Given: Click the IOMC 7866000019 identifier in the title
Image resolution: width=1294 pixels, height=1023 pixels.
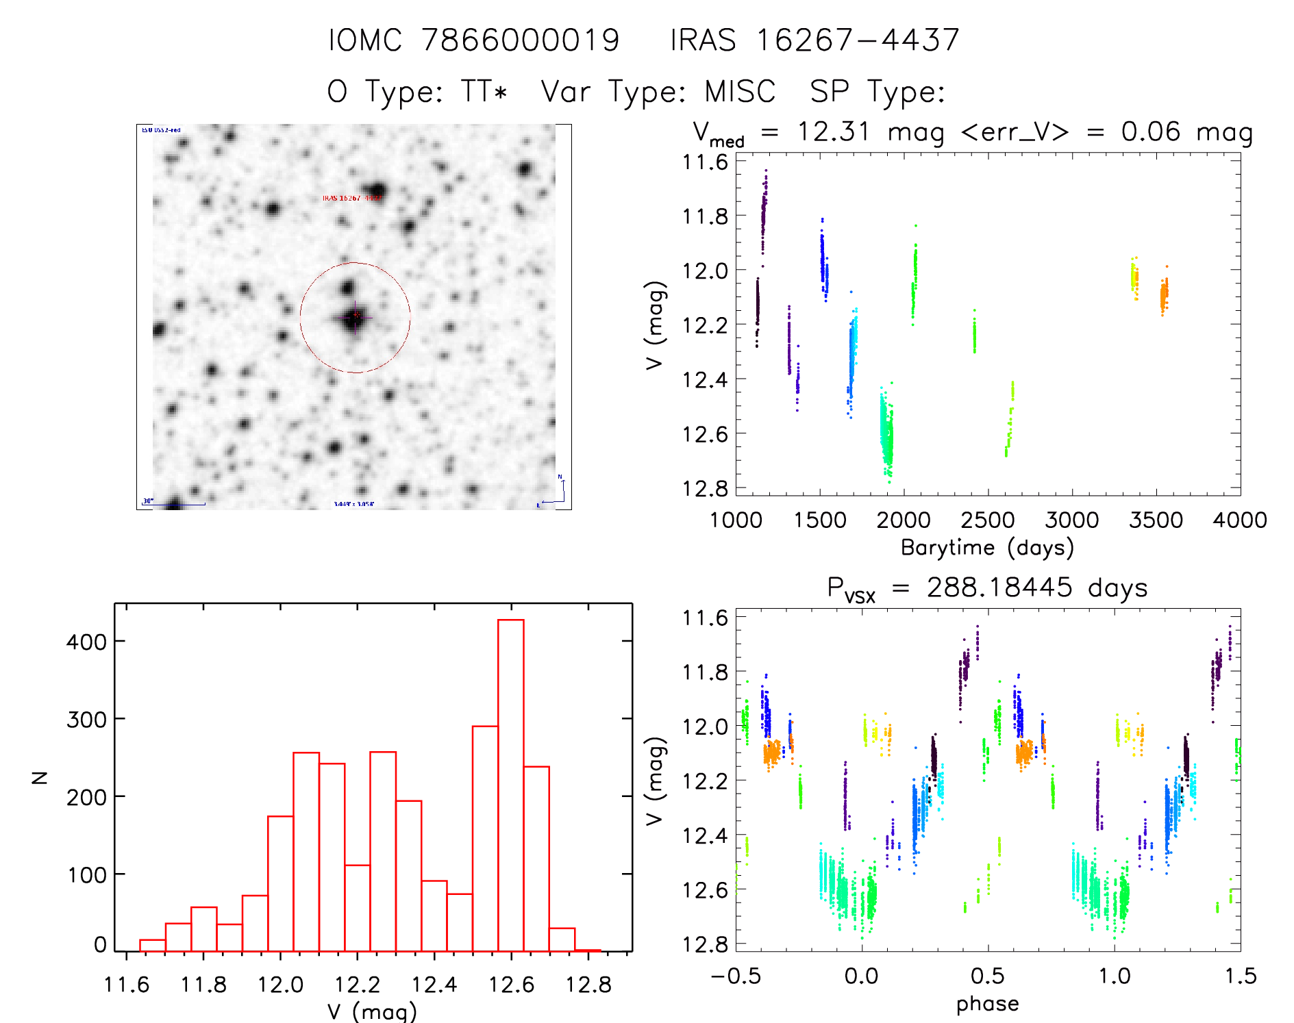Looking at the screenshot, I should click(473, 40).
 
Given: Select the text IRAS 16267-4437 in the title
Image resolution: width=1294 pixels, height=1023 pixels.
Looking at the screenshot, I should click(814, 40).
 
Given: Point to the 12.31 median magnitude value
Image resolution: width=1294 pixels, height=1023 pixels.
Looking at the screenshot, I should click(833, 131).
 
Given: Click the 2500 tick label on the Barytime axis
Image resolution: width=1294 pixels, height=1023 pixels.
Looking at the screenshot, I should click(988, 520).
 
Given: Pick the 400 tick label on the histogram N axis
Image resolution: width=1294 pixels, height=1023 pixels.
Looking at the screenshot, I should click(86, 642).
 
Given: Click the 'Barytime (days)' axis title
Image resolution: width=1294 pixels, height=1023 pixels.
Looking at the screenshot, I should click(987, 548).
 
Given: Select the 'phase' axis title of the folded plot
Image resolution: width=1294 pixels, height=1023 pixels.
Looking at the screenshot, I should click(987, 1004).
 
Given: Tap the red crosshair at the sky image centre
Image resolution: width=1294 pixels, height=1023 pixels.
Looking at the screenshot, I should click(356, 316).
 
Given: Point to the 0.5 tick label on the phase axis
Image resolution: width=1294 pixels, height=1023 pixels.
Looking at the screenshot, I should click(988, 976).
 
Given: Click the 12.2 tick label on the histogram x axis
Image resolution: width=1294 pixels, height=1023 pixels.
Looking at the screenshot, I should click(357, 985).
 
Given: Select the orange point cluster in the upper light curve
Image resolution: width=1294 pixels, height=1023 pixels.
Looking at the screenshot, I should click(1164, 295).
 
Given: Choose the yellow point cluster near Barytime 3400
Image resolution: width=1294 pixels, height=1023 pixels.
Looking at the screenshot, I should click(1134, 278).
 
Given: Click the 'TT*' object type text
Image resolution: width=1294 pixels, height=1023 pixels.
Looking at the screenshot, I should click(484, 92).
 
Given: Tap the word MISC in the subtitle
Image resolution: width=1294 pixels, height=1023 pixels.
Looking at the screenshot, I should click(740, 92).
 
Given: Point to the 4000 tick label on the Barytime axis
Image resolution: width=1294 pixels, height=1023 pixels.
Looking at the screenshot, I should click(1240, 520).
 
